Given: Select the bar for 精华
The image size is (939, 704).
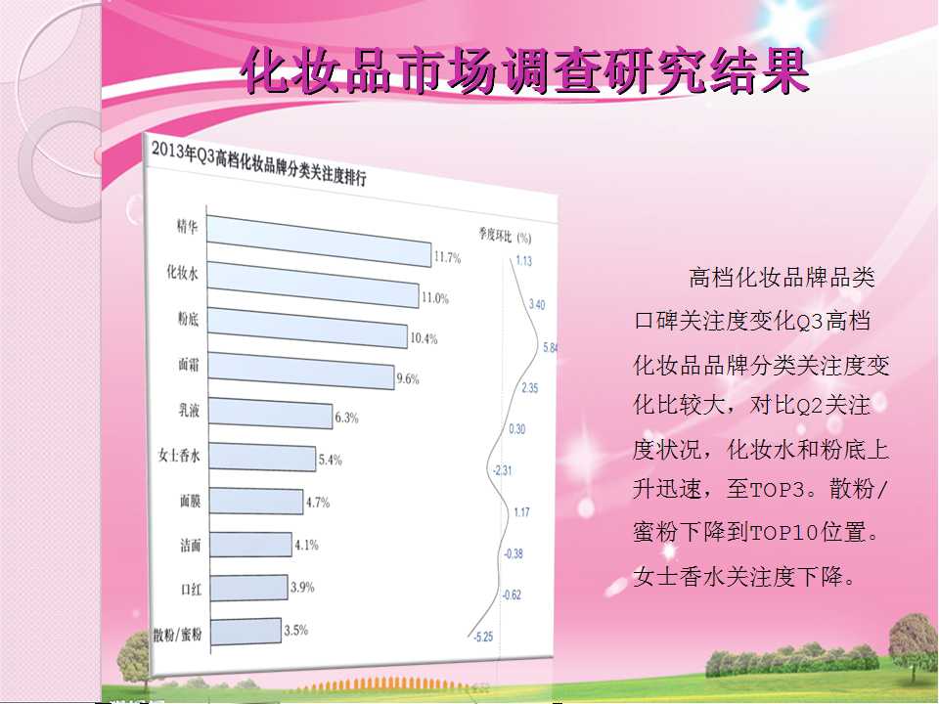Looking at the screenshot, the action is click(319, 241).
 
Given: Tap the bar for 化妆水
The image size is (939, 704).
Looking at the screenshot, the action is click(313, 285).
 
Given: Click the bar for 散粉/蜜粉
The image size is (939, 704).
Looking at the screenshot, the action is click(246, 632).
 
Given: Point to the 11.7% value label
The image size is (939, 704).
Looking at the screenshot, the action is click(447, 258).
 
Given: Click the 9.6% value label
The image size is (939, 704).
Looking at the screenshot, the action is click(408, 378).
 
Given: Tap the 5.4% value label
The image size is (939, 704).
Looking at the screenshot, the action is click(330, 460).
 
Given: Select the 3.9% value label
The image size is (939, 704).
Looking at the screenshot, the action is click(302, 588).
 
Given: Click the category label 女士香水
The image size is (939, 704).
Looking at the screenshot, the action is click(179, 456).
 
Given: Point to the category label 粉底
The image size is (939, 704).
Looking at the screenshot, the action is click(188, 319).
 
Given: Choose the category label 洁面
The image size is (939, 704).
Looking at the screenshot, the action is click(191, 545).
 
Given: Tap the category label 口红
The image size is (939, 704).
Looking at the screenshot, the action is click(191, 589).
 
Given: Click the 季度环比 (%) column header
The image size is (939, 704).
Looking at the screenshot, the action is click(505, 236).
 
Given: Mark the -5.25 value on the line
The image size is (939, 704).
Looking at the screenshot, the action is click(482, 637).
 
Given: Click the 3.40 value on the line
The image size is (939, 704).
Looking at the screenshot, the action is click(537, 305).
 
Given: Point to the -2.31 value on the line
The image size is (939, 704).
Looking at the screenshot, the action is click(502, 470).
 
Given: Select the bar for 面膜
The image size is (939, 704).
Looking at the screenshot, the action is click(256, 501).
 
